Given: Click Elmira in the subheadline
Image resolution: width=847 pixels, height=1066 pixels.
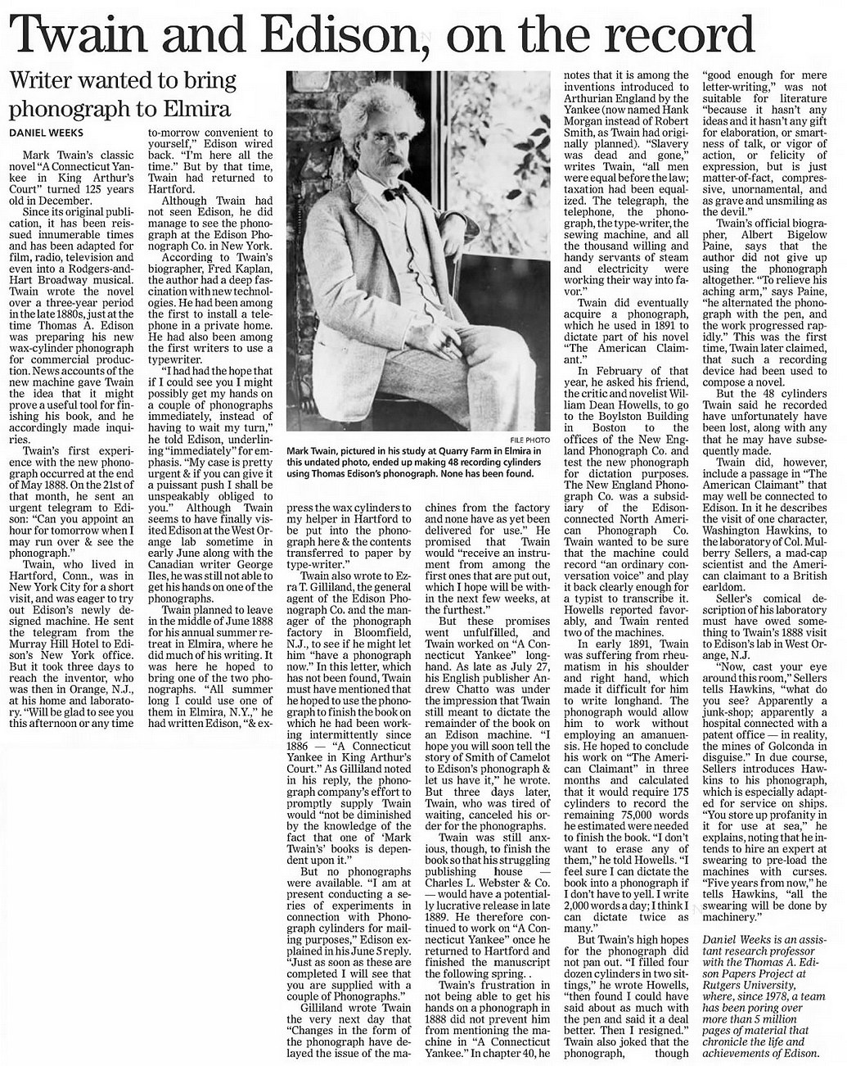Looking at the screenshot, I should click(x=193, y=108).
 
